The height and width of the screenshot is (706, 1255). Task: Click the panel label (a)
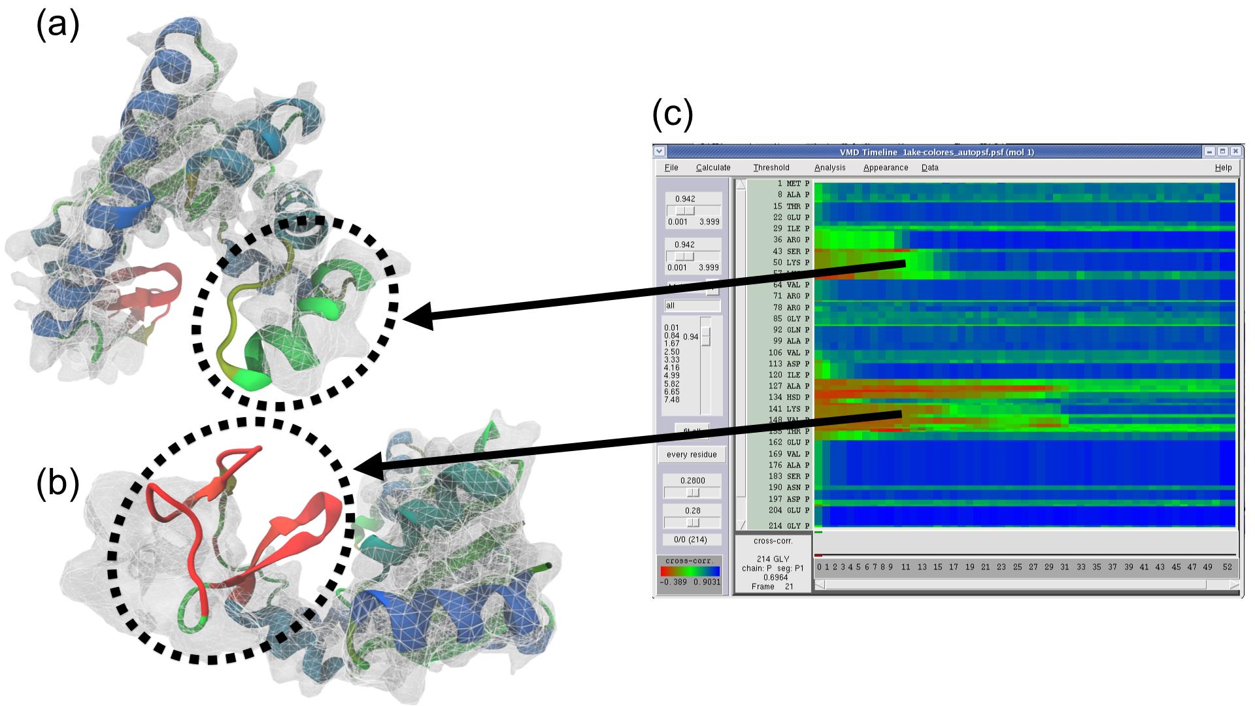pyautogui.click(x=58, y=27)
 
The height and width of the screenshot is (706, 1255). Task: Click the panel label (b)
pyautogui.click(x=58, y=484)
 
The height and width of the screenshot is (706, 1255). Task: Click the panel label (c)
pyautogui.click(x=673, y=114)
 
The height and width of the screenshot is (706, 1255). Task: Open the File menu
pyautogui.click(x=671, y=168)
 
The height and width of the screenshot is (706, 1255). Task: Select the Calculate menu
pyautogui.click(x=713, y=168)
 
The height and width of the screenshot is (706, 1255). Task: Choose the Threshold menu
pyautogui.click(x=771, y=168)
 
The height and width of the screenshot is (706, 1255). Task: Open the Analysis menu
pyautogui.click(x=830, y=168)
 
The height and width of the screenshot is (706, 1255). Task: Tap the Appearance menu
pyautogui.click(x=886, y=168)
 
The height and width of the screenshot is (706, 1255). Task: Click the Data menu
pyautogui.click(x=930, y=168)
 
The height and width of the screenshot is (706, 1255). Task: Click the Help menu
pyautogui.click(x=1223, y=168)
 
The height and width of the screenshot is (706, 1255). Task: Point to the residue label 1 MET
pyautogui.click(x=790, y=184)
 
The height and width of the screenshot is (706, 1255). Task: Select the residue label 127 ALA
pyautogui.click(x=790, y=386)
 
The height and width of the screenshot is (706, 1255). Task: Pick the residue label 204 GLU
pyautogui.click(x=790, y=511)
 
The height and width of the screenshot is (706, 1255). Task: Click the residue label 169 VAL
pyautogui.click(x=790, y=454)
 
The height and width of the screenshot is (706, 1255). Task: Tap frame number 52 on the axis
pyautogui.click(x=1228, y=567)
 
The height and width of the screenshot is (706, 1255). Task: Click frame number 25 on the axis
pyautogui.click(x=1017, y=567)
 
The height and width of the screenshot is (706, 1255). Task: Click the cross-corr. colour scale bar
pyautogui.click(x=690, y=571)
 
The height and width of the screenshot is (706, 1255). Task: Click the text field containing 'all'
pyautogui.click(x=692, y=306)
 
